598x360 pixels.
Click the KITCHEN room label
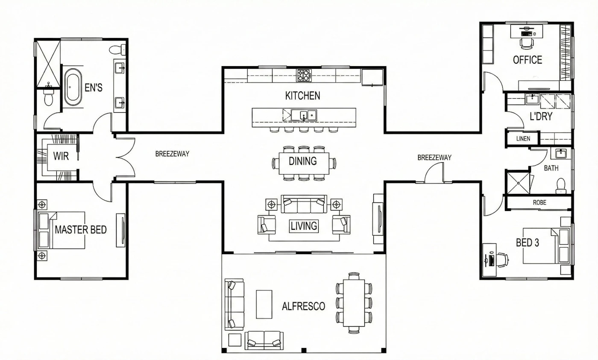click(x=302, y=96)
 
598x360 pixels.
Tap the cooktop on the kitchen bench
click(x=304, y=75)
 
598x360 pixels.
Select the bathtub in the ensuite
click(x=73, y=87)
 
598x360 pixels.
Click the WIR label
click(x=61, y=156)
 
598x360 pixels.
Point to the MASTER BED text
click(x=81, y=229)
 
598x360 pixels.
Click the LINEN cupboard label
click(x=523, y=138)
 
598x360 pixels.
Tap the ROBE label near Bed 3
click(x=539, y=202)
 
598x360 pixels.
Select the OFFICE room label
click(x=528, y=60)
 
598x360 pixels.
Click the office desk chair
click(x=527, y=43)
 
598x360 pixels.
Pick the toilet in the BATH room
click(x=561, y=186)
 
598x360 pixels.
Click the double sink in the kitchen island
click(x=304, y=115)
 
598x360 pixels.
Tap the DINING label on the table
click(x=303, y=161)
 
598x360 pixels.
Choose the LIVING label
click(x=304, y=226)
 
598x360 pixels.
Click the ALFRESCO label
click(x=304, y=306)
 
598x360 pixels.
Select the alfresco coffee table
click(x=264, y=304)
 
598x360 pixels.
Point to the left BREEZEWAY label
click(x=172, y=154)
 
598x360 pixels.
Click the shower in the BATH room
click(x=518, y=183)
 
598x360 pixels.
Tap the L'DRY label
click(x=541, y=116)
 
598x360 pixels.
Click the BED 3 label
click(x=527, y=243)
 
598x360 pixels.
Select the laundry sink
click(x=532, y=99)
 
